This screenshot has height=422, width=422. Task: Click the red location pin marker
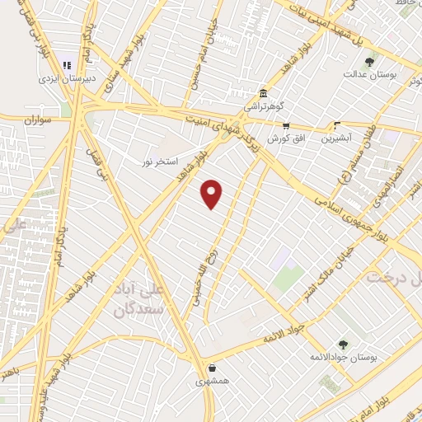coord(213,194)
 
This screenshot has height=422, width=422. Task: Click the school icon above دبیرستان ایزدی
coord(68,64)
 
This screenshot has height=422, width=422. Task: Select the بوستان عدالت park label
coord(369,73)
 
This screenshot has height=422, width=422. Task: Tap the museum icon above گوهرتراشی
coord(263,93)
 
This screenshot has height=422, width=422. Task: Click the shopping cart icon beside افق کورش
coord(286,126)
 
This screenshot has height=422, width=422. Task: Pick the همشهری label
coord(214,382)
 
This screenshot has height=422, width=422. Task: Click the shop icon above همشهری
coord(214,368)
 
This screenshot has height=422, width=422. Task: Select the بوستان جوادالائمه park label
coord(336,358)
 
